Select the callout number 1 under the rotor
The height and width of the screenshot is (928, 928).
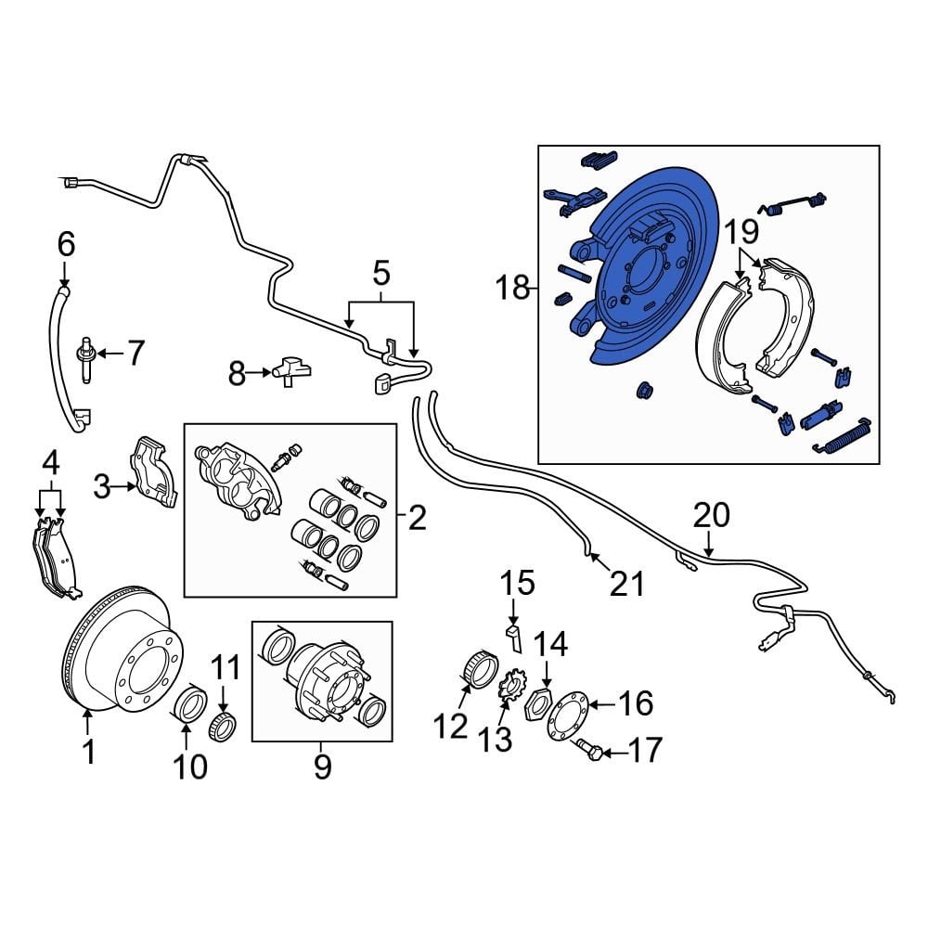point(89,752)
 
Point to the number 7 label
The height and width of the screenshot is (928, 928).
point(135,354)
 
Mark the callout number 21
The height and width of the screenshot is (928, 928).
point(626,584)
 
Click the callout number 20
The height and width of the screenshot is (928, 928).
point(711,515)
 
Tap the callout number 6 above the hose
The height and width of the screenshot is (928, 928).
point(65,245)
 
